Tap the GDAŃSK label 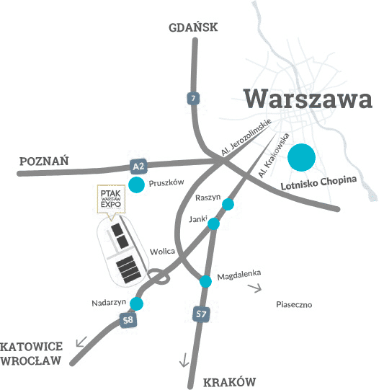tap(192, 28)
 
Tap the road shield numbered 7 tap(192, 98)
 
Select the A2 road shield tap(138, 167)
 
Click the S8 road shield tap(128, 319)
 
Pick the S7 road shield tap(202, 314)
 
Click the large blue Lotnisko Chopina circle tap(302, 157)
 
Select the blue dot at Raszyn tap(228, 205)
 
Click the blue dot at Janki tap(213, 224)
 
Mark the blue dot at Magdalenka tap(206, 281)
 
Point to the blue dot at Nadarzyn tap(135, 303)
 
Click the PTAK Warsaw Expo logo tap(111, 199)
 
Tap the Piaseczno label tap(294, 305)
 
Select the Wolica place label tap(163, 252)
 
